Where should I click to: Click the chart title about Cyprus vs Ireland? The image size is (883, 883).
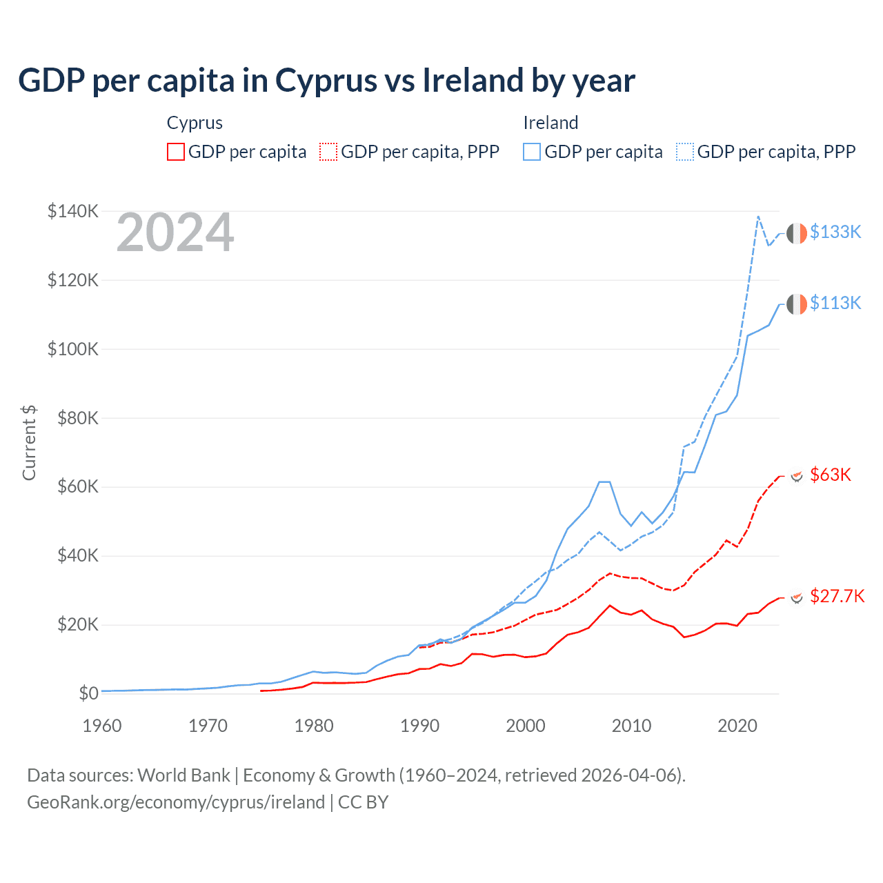tap(326, 81)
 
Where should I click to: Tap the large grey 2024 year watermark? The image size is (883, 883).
tap(175, 233)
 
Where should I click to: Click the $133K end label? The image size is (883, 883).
tap(835, 232)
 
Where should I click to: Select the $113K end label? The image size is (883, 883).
tap(835, 303)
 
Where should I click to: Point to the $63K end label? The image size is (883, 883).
tap(831, 475)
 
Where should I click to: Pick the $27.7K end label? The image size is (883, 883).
tap(837, 596)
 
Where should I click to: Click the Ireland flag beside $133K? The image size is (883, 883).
tap(797, 233)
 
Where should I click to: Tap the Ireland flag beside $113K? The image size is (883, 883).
tap(797, 304)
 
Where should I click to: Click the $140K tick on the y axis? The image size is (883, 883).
tap(73, 211)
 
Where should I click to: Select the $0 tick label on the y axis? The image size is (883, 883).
tap(88, 693)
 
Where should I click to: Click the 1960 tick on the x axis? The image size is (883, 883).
tap(102, 726)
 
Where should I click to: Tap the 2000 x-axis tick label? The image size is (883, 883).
tap(526, 726)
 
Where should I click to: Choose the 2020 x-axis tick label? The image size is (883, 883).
tap(737, 726)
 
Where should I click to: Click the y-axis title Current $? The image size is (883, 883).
tap(29, 443)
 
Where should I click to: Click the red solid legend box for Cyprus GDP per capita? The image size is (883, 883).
tap(176, 152)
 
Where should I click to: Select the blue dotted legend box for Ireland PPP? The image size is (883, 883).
tap(685, 152)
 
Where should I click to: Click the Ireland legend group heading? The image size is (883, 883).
tap(550, 123)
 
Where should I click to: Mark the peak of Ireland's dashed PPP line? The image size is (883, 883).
tap(758, 217)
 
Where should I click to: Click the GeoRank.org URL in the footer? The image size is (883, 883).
tap(176, 802)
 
